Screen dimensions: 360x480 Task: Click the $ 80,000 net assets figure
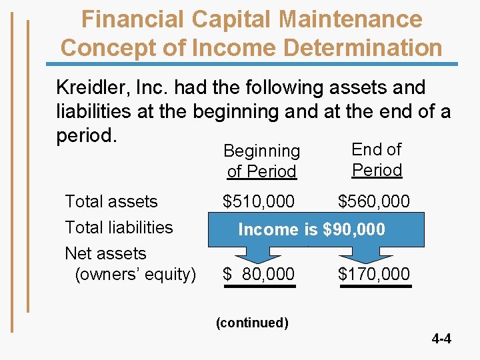point(259,274)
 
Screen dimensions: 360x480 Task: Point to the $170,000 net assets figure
point(374,274)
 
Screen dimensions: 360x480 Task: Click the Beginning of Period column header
point(261,161)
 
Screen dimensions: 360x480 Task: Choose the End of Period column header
point(377,160)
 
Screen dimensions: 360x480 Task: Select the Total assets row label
point(111,201)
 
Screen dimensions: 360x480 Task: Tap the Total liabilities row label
point(119,227)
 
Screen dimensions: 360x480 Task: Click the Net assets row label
point(105,253)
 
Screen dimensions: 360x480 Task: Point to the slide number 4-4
point(441,339)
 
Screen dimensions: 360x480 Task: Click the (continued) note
point(252,323)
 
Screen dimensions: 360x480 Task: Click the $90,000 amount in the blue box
point(353,229)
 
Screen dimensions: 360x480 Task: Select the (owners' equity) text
point(135,274)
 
